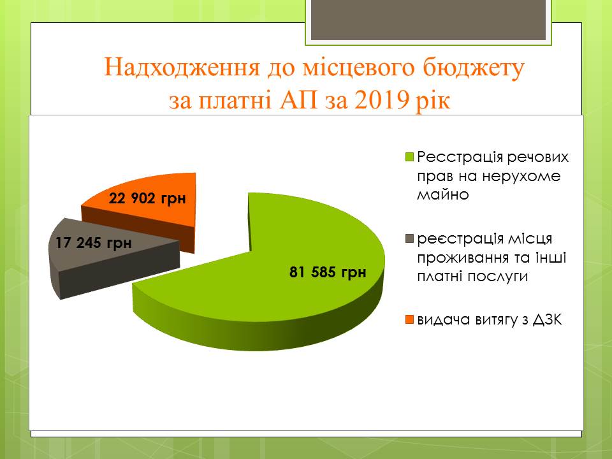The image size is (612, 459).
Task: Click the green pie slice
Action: click(273, 281)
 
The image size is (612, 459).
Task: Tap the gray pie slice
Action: click(105, 254)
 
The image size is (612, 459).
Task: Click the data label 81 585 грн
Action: click(328, 272)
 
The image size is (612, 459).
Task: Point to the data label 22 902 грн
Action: click(147, 198)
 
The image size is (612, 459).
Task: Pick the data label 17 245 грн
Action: click(93, 243)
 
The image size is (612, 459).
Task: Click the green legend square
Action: click(409, 157)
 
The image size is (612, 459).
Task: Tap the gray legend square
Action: click(409, 238)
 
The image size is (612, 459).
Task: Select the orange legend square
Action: click(409, 319)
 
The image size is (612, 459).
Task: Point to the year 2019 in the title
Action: click(381, 100)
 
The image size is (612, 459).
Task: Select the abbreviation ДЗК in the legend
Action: click(548, 320)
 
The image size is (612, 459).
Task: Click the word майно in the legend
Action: click(442, 194)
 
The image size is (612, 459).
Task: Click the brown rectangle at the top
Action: click(428, 20)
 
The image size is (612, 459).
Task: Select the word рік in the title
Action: click(433, 101)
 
